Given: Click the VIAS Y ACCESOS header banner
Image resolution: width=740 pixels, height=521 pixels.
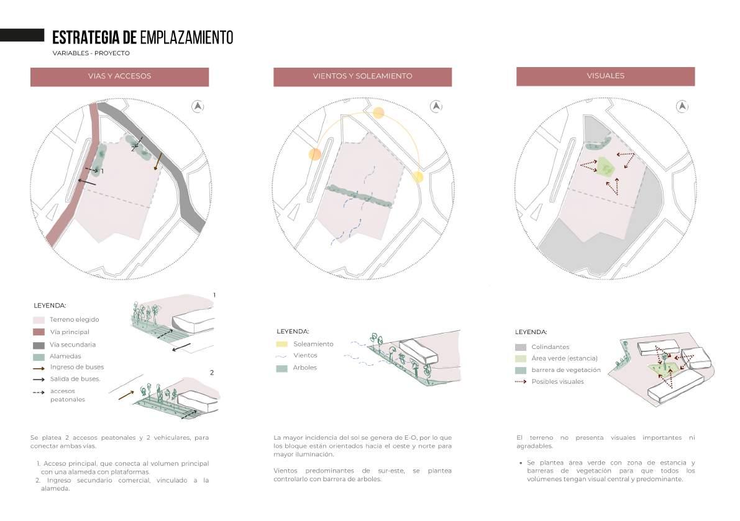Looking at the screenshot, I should [x=119, y=76].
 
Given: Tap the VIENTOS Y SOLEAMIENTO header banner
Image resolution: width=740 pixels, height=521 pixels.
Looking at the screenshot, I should [x=362, y=76].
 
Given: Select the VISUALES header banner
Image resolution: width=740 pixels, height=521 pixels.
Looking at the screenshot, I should [x=605, y=76].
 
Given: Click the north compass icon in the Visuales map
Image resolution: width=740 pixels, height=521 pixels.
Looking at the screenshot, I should [x=683, y=106].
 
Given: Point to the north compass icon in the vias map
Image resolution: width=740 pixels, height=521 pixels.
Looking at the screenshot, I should [x=198, y=106].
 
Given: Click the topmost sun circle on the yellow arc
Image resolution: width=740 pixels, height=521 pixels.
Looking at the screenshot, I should [x=378, y=113].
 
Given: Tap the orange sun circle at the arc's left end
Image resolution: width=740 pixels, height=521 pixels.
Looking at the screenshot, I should [x=315, y=154].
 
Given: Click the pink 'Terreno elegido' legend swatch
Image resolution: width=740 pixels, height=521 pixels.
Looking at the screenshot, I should [x=39, y=320].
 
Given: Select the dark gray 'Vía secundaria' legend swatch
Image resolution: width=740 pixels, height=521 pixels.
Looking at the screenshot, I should [x=39, y=345].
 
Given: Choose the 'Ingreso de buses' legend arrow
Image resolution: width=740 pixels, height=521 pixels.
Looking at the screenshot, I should [x=39, y=368].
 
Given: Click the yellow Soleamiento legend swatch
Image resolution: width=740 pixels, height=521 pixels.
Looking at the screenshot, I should [x=282, y=344].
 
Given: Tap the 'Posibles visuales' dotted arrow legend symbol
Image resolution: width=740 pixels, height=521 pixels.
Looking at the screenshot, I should [x=521, y=382].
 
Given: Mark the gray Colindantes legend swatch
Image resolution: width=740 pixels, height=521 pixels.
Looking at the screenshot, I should [x=521, y=347].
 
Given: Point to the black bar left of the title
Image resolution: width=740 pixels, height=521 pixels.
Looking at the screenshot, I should [x=22, y=35].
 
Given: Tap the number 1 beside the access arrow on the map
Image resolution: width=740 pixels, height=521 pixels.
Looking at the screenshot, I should [x=102, y=171].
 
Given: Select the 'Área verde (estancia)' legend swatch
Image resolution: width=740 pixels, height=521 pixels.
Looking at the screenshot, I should [x=521, y=358].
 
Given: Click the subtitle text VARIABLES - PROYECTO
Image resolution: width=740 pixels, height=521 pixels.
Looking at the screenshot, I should [x=91, y=53].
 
